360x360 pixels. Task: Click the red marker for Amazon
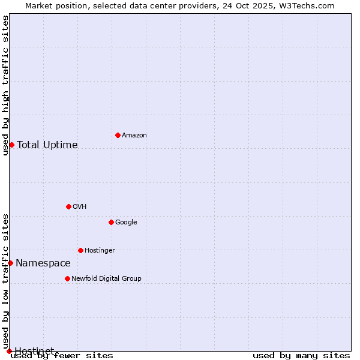(x=118, y=135)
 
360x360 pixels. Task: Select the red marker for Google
(x=111, y=222)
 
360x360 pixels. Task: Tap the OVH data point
(x=68, y=206)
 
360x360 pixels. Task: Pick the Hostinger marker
(x=80, y=250)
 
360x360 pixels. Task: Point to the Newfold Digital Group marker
(x=67, y=278)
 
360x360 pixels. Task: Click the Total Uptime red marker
(x=11, y=145)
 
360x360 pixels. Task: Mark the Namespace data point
(x=10, y=263)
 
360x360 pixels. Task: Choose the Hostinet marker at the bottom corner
(x=9, y=350)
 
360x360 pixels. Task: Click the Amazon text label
(x=134, y=136)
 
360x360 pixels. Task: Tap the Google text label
(x=126, y=223)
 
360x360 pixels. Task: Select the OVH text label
(x=80, y=207)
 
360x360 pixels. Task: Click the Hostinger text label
(x=100, y=251)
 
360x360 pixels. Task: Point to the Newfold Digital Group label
(x=106, y=279)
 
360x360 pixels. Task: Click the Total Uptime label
(x=47, y=145)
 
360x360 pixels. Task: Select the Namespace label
(x=43, y=263)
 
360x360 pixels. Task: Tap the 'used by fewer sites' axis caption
(x=62, y=355)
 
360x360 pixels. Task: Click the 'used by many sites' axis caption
(x=301, y=355)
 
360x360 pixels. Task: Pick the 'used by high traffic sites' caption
(x=6, y=85)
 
